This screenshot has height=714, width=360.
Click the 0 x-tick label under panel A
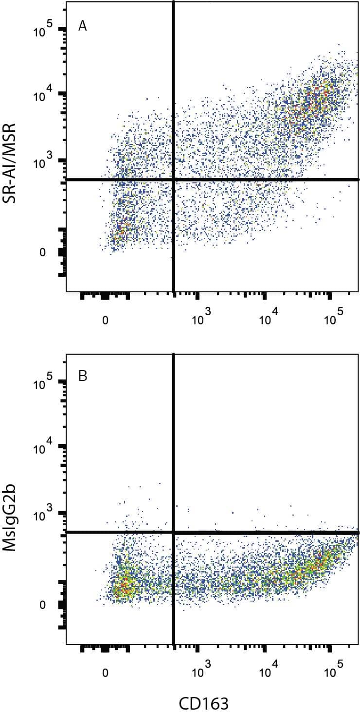pyautogui.click(x=105, y=321)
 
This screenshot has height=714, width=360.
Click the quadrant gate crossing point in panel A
pyautogui.click(x=173, y=179)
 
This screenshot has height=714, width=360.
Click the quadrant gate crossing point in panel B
pyautogui.click(x=173, y=533)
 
